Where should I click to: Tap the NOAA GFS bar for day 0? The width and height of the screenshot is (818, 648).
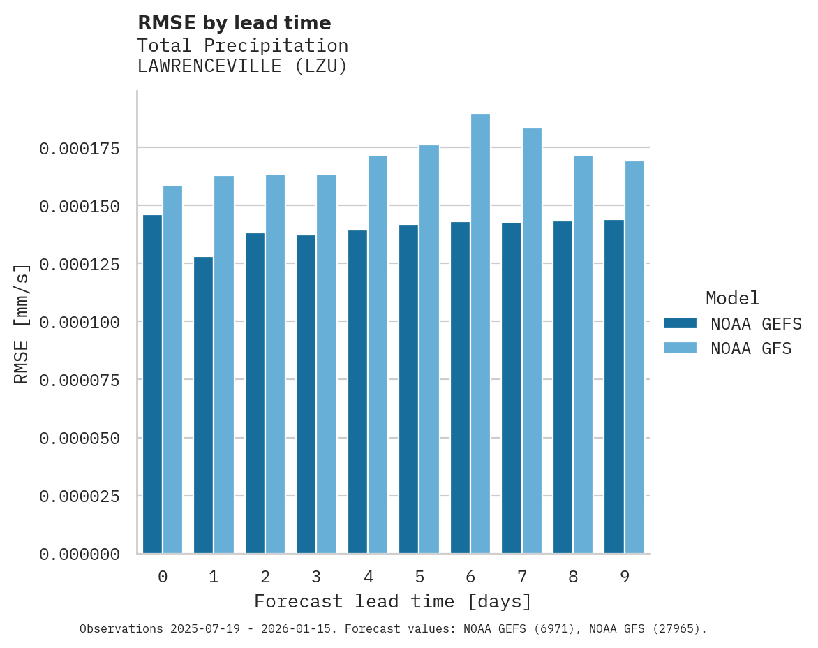pos(172,369)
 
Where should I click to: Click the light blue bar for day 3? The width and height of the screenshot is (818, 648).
pos(327,364)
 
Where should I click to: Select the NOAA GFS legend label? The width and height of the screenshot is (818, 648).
pos(751,348)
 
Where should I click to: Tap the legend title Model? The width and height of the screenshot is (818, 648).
pos(732,299)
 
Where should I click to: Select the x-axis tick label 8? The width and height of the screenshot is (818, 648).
pos(573,577)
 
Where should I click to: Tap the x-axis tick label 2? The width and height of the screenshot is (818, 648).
pos(265,577)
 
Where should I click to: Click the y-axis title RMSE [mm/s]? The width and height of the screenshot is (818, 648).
pos(22,323)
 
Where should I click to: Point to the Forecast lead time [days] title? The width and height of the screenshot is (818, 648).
pos(393,601)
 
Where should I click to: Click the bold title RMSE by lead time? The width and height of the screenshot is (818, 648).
pos(235,23)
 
